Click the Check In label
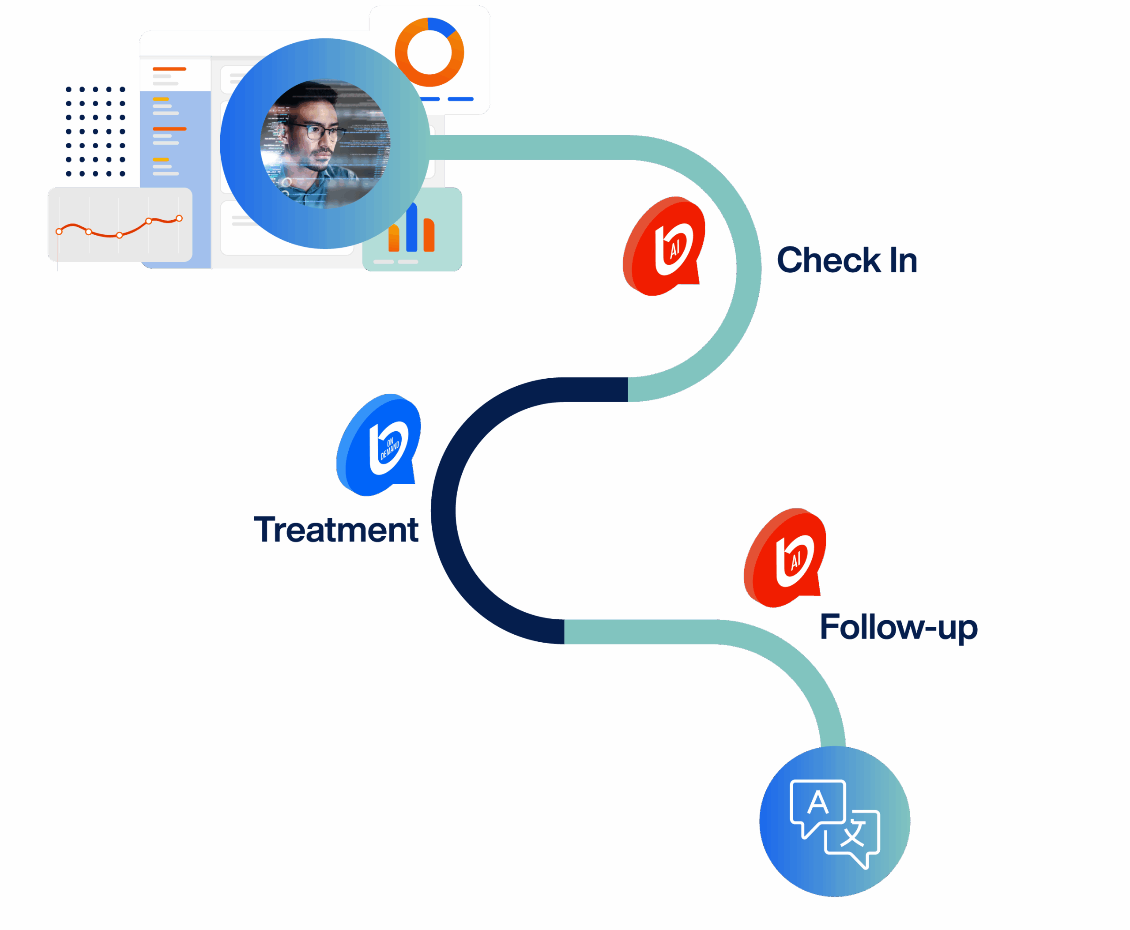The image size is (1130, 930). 847,260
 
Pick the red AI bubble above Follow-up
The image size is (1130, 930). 785,559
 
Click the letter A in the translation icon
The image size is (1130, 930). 817,802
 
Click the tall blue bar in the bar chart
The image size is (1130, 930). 411,228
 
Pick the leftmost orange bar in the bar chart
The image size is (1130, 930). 394,238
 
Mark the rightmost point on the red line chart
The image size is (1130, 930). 179,218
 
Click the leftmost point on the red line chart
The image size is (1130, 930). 59,231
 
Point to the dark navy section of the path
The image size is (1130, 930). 444,509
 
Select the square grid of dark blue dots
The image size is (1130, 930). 95,131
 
